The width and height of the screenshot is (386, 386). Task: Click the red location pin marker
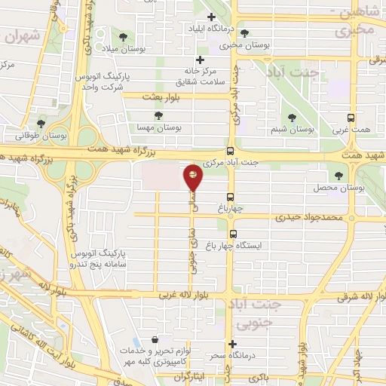tap(193, 178)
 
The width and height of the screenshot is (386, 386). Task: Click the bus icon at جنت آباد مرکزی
tap(231, 150)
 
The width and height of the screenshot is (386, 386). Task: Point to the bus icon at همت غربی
tap(350, 118)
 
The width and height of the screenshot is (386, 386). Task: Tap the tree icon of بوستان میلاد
tap(122, 35)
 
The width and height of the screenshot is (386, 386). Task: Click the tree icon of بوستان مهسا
tap(158, 115)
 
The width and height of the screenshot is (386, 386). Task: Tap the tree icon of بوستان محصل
tap(338, 174)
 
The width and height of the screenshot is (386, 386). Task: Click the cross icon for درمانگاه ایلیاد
tap(211, 17)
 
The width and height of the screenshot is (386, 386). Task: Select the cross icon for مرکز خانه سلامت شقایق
tap(200, 60)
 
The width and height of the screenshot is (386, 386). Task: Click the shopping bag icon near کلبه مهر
tap(155, 340)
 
